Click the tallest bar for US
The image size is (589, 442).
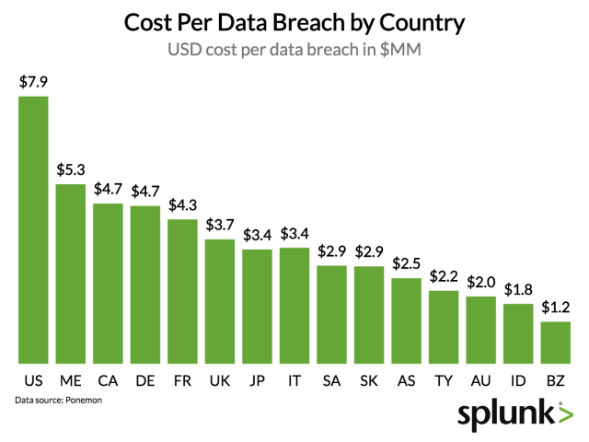click(x=33, y=230)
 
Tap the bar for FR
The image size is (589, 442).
click(x=182, y=291)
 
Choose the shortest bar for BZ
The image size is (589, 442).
click(x=555, y=342)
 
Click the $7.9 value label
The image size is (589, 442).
click(x=34, y=82)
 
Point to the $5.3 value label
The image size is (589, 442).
click(x=71, y=169)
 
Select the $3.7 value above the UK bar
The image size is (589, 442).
click(x=220, y=226)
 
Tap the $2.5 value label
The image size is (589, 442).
click(x=406, y=264)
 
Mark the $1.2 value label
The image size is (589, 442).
click(x=555, y=308)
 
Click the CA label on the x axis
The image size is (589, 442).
click(x=108, y=381)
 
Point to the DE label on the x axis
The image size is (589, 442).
click(x=144, y=381)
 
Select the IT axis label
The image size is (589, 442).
click(x=294, y=381)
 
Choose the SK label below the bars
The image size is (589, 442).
click(x=368, y=381)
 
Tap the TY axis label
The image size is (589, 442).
click(x=444, y=381)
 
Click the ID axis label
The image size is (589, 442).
click(x=518, y=381)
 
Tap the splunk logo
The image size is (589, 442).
click(x=514, y=413)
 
